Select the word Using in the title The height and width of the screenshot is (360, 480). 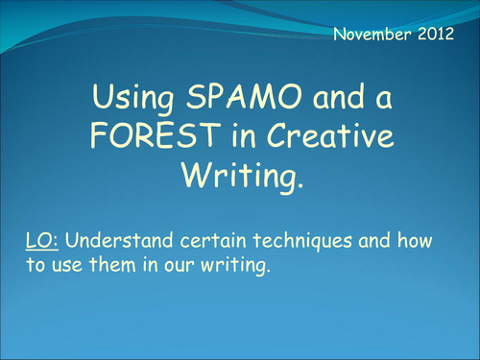127,96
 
